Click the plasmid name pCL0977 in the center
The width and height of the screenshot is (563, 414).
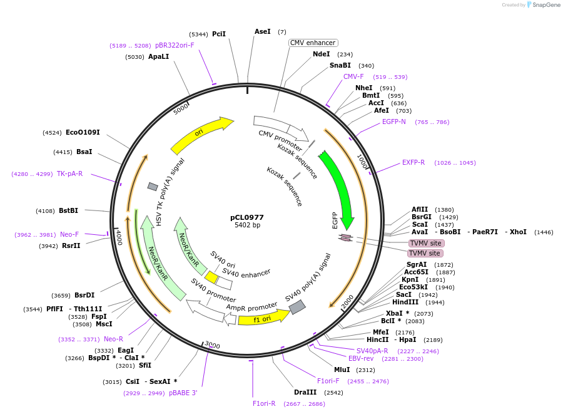[247, 217]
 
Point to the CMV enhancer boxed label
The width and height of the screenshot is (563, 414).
[313, 43]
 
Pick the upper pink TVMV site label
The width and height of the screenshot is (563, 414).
[426, 243]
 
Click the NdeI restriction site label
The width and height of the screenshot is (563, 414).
[321, 54]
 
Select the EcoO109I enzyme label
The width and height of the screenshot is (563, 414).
[83, 132]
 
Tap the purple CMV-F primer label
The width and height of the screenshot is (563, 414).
[353, 76]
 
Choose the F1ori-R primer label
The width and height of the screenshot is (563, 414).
[264, 403]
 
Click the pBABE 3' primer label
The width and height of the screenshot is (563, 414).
[183, 393]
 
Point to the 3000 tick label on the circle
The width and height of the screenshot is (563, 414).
[212, 345]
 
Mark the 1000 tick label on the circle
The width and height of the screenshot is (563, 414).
[362, 162]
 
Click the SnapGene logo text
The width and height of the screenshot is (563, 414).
[545, 4]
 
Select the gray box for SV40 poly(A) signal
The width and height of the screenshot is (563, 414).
[297, 307]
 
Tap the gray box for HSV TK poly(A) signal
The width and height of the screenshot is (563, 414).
[153, 187]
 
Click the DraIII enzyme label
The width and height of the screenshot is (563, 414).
[305, 392]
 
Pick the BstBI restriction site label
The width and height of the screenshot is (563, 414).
[68, 210]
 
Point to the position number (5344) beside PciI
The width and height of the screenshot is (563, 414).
[198, 34]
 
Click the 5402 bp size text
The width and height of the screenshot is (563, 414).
[247, 225]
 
